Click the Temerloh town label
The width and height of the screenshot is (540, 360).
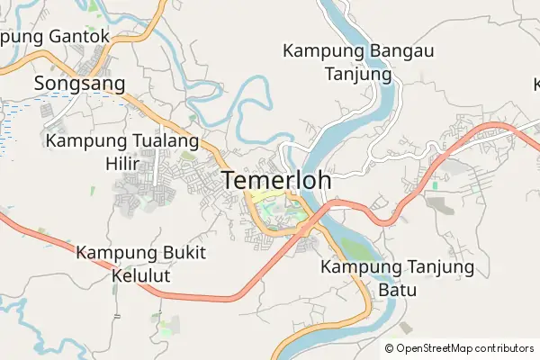pyautogui.click(x=276, y=180)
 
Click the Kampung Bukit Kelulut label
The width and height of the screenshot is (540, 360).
pyautogui.click(x=140, y=263)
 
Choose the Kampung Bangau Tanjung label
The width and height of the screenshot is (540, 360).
pyautogui.click(x=358, y=62)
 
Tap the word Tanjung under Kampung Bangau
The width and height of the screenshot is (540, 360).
pyautogui.click(x=358, y=74)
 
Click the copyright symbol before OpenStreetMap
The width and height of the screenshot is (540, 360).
pyautogui.click(x=389, y=348)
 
